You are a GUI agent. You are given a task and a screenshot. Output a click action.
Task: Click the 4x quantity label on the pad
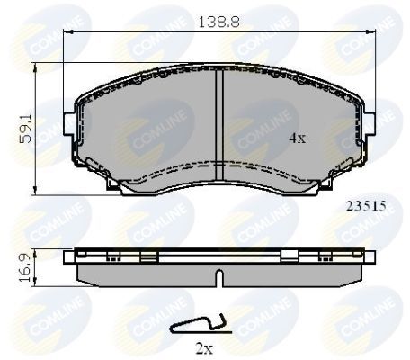(x=296, y=139)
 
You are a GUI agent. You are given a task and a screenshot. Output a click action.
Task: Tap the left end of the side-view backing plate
(x=68, y=260)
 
